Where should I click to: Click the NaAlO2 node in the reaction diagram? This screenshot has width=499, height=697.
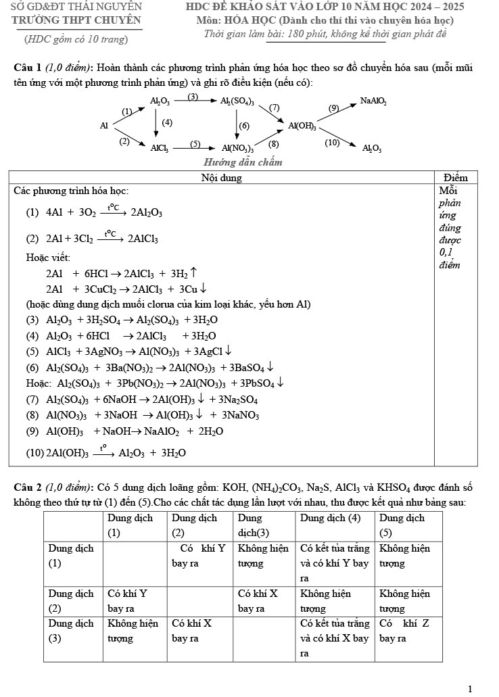(x=373, y=101)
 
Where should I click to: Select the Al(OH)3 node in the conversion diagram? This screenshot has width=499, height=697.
(x=302, y=126)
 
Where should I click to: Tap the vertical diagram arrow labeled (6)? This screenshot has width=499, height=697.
(x=237, y=124)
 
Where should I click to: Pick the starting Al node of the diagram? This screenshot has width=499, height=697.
(x=104, y=126)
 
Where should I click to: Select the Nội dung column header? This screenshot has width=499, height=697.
(x=221, y=178)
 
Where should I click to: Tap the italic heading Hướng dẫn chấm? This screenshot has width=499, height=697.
(x=243, y=162)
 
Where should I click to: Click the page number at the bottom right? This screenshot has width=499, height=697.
(x=469, y=689)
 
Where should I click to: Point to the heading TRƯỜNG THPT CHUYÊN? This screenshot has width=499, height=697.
(x=77, y=20)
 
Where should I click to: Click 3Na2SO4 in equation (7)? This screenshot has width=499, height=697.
(x=239, y=400)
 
